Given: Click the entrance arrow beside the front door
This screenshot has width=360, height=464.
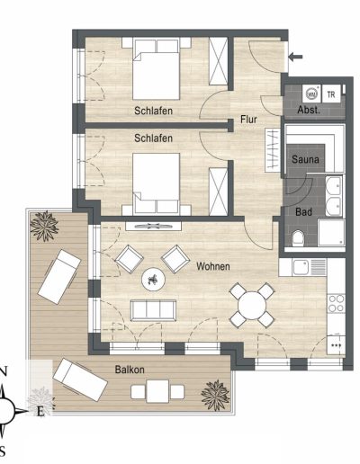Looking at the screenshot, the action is point(295,57).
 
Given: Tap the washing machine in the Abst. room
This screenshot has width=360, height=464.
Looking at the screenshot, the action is point(311,94).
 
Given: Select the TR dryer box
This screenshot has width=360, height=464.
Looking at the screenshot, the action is point(331,94).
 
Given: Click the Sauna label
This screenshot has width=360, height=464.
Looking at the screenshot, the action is point(305,159).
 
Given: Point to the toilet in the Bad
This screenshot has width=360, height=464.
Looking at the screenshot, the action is point(298,238).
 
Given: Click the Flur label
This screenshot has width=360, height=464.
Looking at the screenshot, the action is point(248,120).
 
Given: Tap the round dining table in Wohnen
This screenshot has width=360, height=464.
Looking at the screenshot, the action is point(252,306).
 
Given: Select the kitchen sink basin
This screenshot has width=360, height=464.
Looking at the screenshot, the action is point(301,267).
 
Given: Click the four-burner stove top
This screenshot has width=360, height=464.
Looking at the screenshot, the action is point(337,304).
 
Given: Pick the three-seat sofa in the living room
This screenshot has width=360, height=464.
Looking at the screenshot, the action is point(153,310).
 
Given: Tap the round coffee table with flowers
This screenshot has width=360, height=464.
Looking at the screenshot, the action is point(153,279).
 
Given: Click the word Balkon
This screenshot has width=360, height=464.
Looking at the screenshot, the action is point(130,370).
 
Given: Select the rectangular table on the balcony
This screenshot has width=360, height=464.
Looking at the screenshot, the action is point(157,391).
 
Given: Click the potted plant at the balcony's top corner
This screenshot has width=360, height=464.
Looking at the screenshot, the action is point(44,226).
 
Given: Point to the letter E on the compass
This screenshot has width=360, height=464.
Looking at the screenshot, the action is point(40,412).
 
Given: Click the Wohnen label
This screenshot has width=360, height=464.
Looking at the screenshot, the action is point(213,266).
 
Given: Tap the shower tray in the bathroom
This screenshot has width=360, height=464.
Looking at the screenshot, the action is point(331,233).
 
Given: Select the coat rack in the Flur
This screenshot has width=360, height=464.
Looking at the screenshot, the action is point(273,150).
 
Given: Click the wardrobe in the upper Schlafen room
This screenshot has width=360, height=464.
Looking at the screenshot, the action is point(218,61).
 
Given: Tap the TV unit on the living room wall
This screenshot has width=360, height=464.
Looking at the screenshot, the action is point(153,226).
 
